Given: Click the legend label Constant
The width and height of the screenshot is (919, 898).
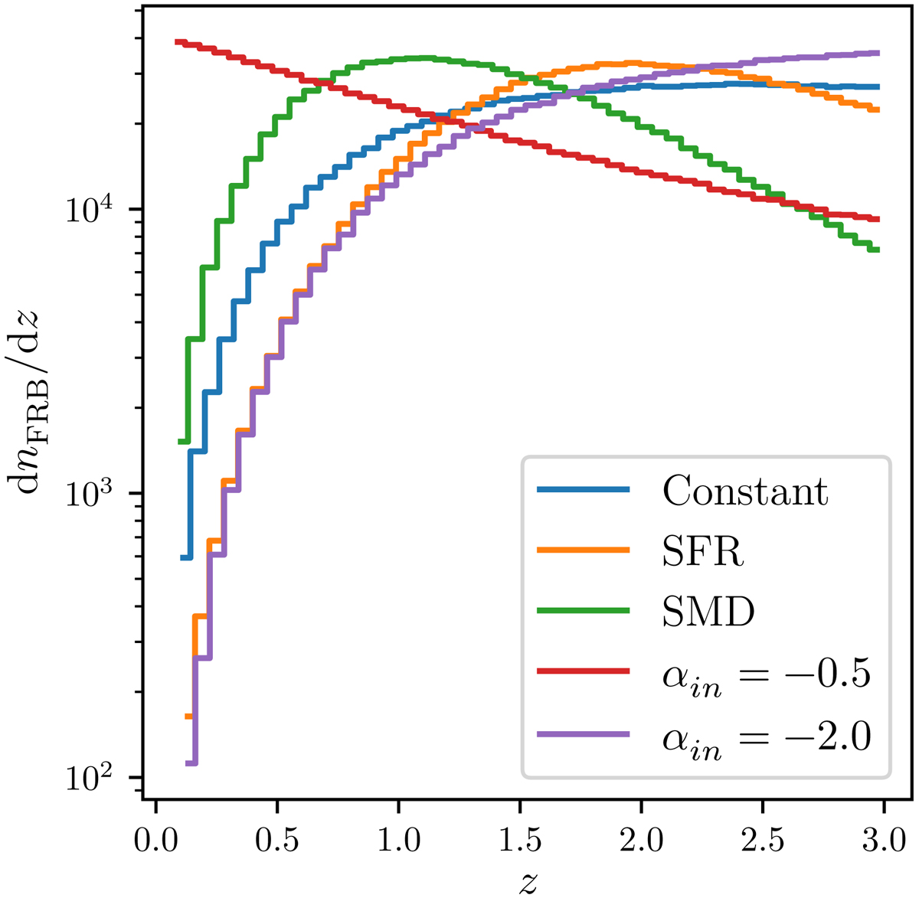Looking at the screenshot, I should pyautogui.click(x=744, y=491).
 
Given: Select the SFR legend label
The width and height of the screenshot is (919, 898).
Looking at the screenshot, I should pyautogui.click(x=703, y=551).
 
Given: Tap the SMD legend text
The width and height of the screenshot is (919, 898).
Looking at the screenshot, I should pyautogui.click(x=708, y=612).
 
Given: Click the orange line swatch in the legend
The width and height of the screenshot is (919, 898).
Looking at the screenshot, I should pyautogui.click(x=584, y=550).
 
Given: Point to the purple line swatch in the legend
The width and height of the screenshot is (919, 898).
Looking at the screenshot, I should pyautogui.click(x=584, y=734).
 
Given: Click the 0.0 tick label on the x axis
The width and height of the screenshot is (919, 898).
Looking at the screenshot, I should pyautogui.click(x=156, y=841).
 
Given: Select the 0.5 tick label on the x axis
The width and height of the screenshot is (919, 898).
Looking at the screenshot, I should pyautogui.click(x=277, y=841).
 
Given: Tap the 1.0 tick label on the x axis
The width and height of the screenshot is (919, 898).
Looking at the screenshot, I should pyautogui.click(x=399, y=841).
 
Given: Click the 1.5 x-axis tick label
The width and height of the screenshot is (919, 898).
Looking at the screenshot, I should pyautogui.click(x=520, y=841).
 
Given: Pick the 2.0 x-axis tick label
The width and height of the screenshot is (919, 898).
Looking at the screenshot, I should pyautogui.click(x=642, y=841).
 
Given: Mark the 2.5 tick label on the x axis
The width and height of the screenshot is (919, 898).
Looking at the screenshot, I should pyautogui.click(x=763, y=841).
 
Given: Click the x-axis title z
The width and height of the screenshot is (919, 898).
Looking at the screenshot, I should pyautogui.click(x=527, y=883).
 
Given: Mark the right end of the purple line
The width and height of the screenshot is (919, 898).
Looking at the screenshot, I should pyautogui.click(x=878, y=53).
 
